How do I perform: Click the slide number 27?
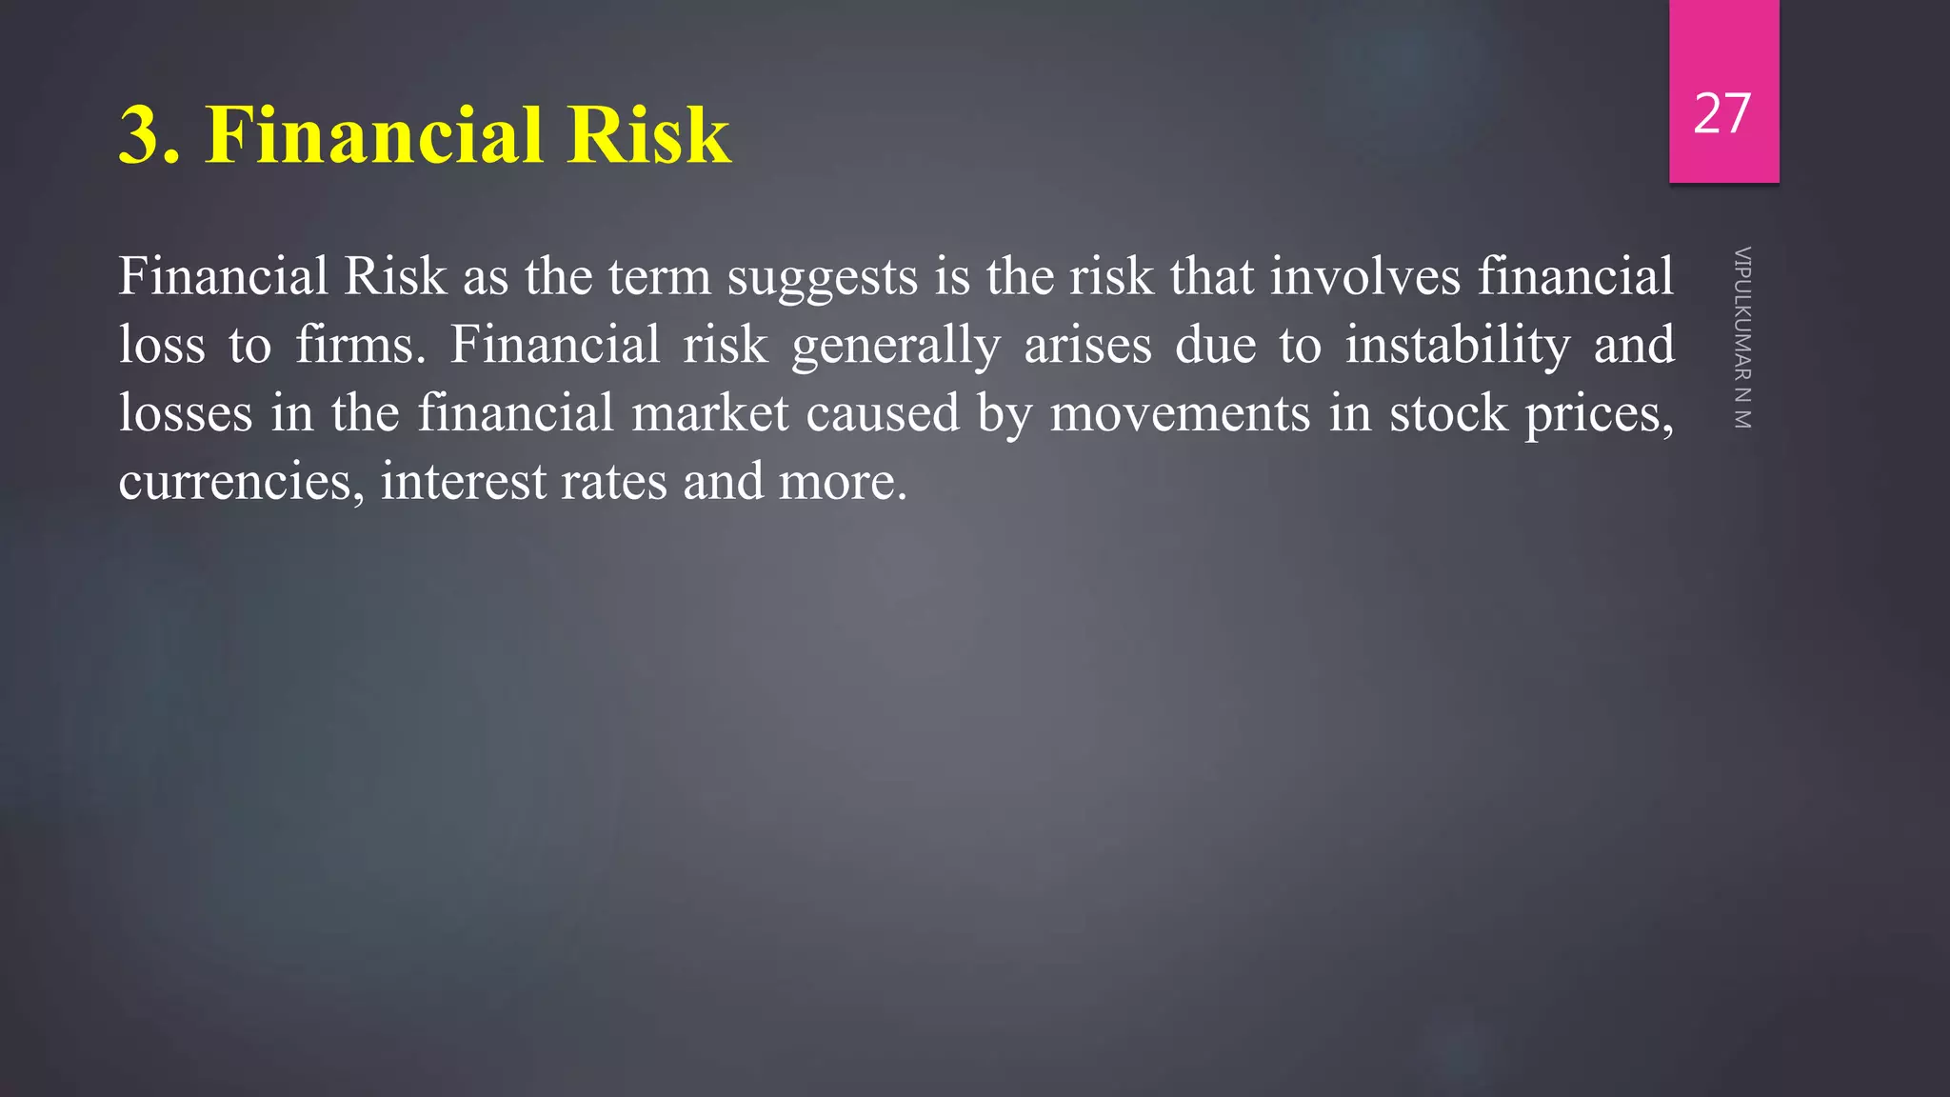(x=1722, y=114)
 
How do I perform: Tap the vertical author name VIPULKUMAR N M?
(x=1741, y=338)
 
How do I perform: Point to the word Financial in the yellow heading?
(x=374, y=135)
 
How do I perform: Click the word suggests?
(x=823, y=278)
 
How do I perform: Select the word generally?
(x=896, y=347)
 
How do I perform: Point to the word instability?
(x=1457, y=345)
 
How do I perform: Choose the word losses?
(x=185, y=413)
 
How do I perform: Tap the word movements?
(x=1180, y=415)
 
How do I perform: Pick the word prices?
(x=1600, y=415)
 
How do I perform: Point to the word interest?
(x=463, y=482)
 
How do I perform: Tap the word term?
(x=659, y=278)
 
